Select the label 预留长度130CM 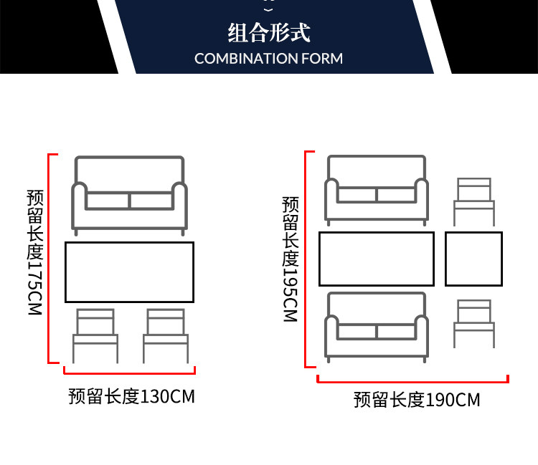[131, 396]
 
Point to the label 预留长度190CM [417, 400]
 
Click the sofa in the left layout [130, 193]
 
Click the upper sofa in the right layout [377, 189]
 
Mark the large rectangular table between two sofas [377, 259]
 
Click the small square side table [473, 259]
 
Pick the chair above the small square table [474, 201]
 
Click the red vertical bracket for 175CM [49, 258]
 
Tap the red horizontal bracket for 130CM [130, 372]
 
